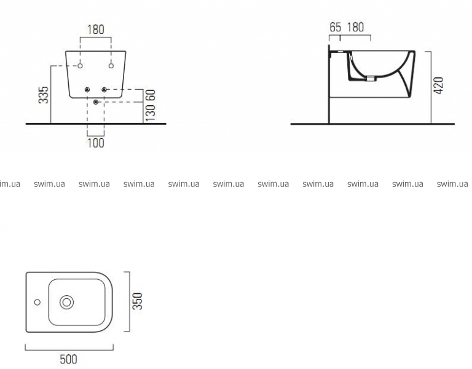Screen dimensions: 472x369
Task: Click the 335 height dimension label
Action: [44, 95]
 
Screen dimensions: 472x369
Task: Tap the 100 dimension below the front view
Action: [96, 143]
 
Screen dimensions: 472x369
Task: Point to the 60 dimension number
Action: [150, 95]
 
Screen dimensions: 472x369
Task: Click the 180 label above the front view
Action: [96, 30]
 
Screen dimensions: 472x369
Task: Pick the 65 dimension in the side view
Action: [336, 27]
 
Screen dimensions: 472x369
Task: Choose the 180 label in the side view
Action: [355, 27]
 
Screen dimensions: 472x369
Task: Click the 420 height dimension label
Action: [439, 85]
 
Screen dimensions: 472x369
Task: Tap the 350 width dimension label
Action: [138, 301]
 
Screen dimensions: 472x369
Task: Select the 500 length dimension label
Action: [69, 359]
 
